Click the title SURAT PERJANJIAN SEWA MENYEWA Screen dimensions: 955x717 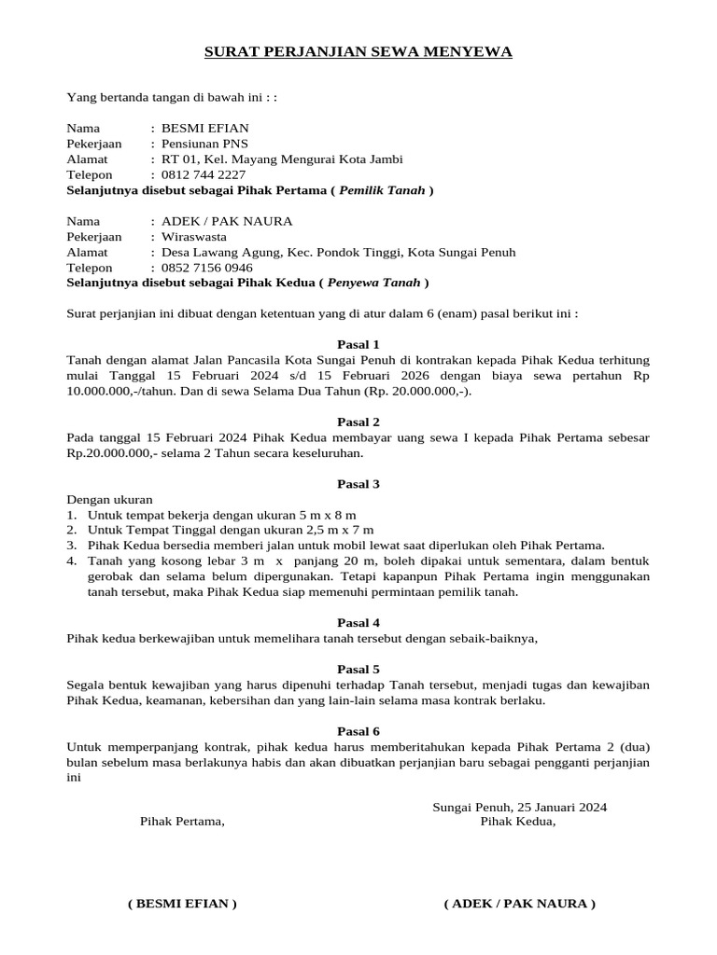coord(358,52)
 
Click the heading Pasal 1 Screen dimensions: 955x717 coord(358,344)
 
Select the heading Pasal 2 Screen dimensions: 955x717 coord(358,422)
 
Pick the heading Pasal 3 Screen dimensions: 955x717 coord(358,484)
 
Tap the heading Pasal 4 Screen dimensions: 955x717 coord(358,622)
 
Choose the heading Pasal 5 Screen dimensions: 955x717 coord(358,669)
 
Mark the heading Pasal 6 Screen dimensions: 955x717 coord(358,731)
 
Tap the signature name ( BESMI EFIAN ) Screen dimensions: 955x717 coord(182,904)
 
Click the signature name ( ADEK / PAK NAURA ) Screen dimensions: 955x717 coord(520,904)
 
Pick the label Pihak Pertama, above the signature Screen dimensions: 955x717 coord(182,822)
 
